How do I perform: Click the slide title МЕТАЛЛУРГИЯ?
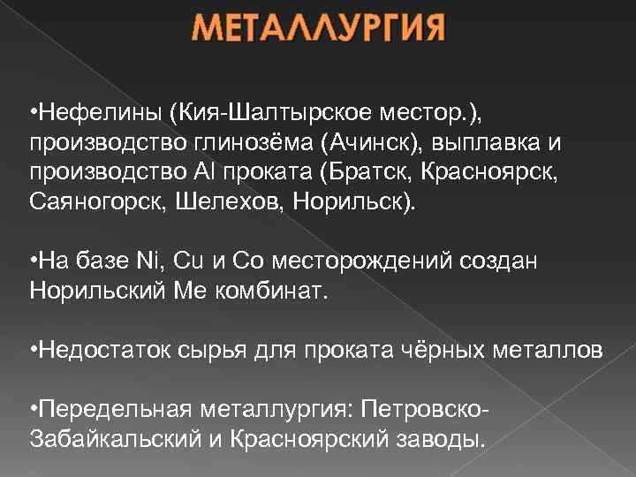319,34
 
